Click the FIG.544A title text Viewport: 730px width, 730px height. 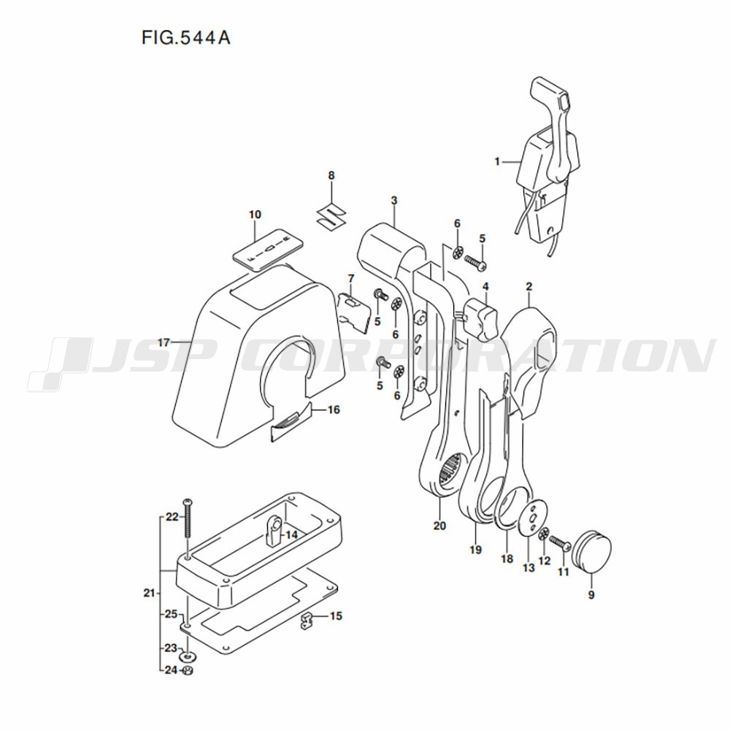click(x=185, y=37)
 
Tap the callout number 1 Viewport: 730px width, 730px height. click(x=496, y=161)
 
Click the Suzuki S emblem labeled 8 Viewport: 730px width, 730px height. click(x=331, y=214)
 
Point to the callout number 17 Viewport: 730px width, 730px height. click(x=164, y=343)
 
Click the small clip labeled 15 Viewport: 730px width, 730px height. click(x=306, y=620)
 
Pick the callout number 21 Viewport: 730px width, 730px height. click(x=149, y=593)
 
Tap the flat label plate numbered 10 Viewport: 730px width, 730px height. click(x=268, y=249)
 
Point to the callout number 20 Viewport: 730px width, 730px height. click(x=439, y=526)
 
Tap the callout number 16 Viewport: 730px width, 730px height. click(x=334, y=410)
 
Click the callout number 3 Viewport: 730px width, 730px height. click(x=394, y=201)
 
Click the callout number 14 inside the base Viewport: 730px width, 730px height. click(x=291, y=535)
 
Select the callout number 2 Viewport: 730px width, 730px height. click(x=529, y=287)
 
